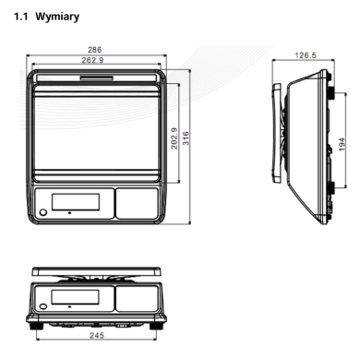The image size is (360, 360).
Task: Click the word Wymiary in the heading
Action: click(57, 17)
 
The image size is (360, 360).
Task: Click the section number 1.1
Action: click(20, 17)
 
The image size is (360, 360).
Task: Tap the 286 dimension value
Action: click(94, 50)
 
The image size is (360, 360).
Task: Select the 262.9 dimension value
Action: click(92, 60)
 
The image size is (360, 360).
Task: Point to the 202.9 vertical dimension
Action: click(174, 138)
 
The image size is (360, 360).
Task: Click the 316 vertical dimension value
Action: click(186, 138)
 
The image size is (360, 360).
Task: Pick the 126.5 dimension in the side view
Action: click(306, 55)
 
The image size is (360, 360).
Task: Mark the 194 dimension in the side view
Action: click(342, 144)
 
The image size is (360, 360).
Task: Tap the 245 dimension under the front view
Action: click(97, 335)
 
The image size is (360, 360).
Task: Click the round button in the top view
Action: click(43, 212)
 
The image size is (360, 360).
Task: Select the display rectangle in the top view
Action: click(76, 202)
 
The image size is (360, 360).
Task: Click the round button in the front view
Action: click(43, 306)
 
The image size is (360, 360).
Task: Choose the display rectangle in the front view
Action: click(75, 296)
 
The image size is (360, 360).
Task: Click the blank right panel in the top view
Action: click(137, 203)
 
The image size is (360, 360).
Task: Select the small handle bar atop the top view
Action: click(97, 78)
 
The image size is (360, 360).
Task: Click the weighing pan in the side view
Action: click(276, 133)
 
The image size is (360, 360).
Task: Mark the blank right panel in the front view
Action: click(137, 298)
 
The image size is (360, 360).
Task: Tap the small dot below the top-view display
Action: click(70, 212)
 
